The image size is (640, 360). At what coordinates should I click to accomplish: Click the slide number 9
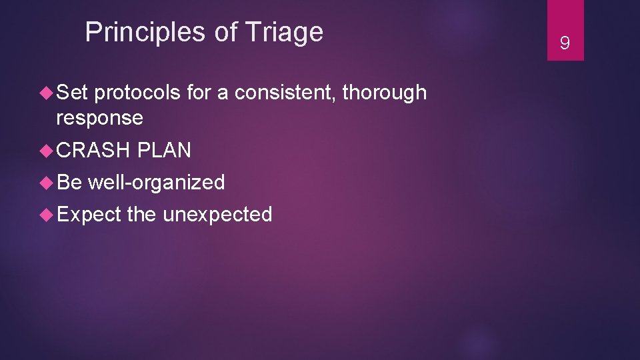tap(565, 44)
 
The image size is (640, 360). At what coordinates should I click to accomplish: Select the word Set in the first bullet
tap(73, 93)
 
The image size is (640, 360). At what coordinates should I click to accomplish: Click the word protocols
tap(137, 93)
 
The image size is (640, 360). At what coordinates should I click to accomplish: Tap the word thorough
tap(385, 93)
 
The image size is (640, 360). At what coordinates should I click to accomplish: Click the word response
tap(99, 118)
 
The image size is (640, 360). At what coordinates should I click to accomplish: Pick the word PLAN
tap(164, 150)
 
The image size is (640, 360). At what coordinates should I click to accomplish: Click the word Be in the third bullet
tap(69, 182)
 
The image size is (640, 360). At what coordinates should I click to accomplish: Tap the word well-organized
tap(157, 182)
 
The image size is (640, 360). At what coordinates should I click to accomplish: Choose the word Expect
tap(89, 214)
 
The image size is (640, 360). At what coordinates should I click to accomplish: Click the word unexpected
tap(217, 214)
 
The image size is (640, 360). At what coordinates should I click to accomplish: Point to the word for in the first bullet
tap(198, 93)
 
